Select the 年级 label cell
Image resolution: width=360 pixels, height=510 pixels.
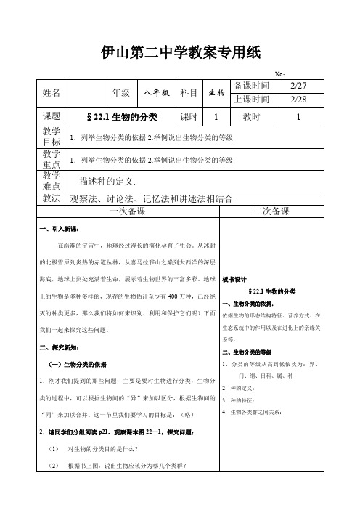click(120, 92)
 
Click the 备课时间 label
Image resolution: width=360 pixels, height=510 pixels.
click(252, 86)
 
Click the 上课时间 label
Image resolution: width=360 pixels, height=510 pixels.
click(252, 100)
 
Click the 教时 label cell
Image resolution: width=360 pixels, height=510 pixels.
click(252, 117)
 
